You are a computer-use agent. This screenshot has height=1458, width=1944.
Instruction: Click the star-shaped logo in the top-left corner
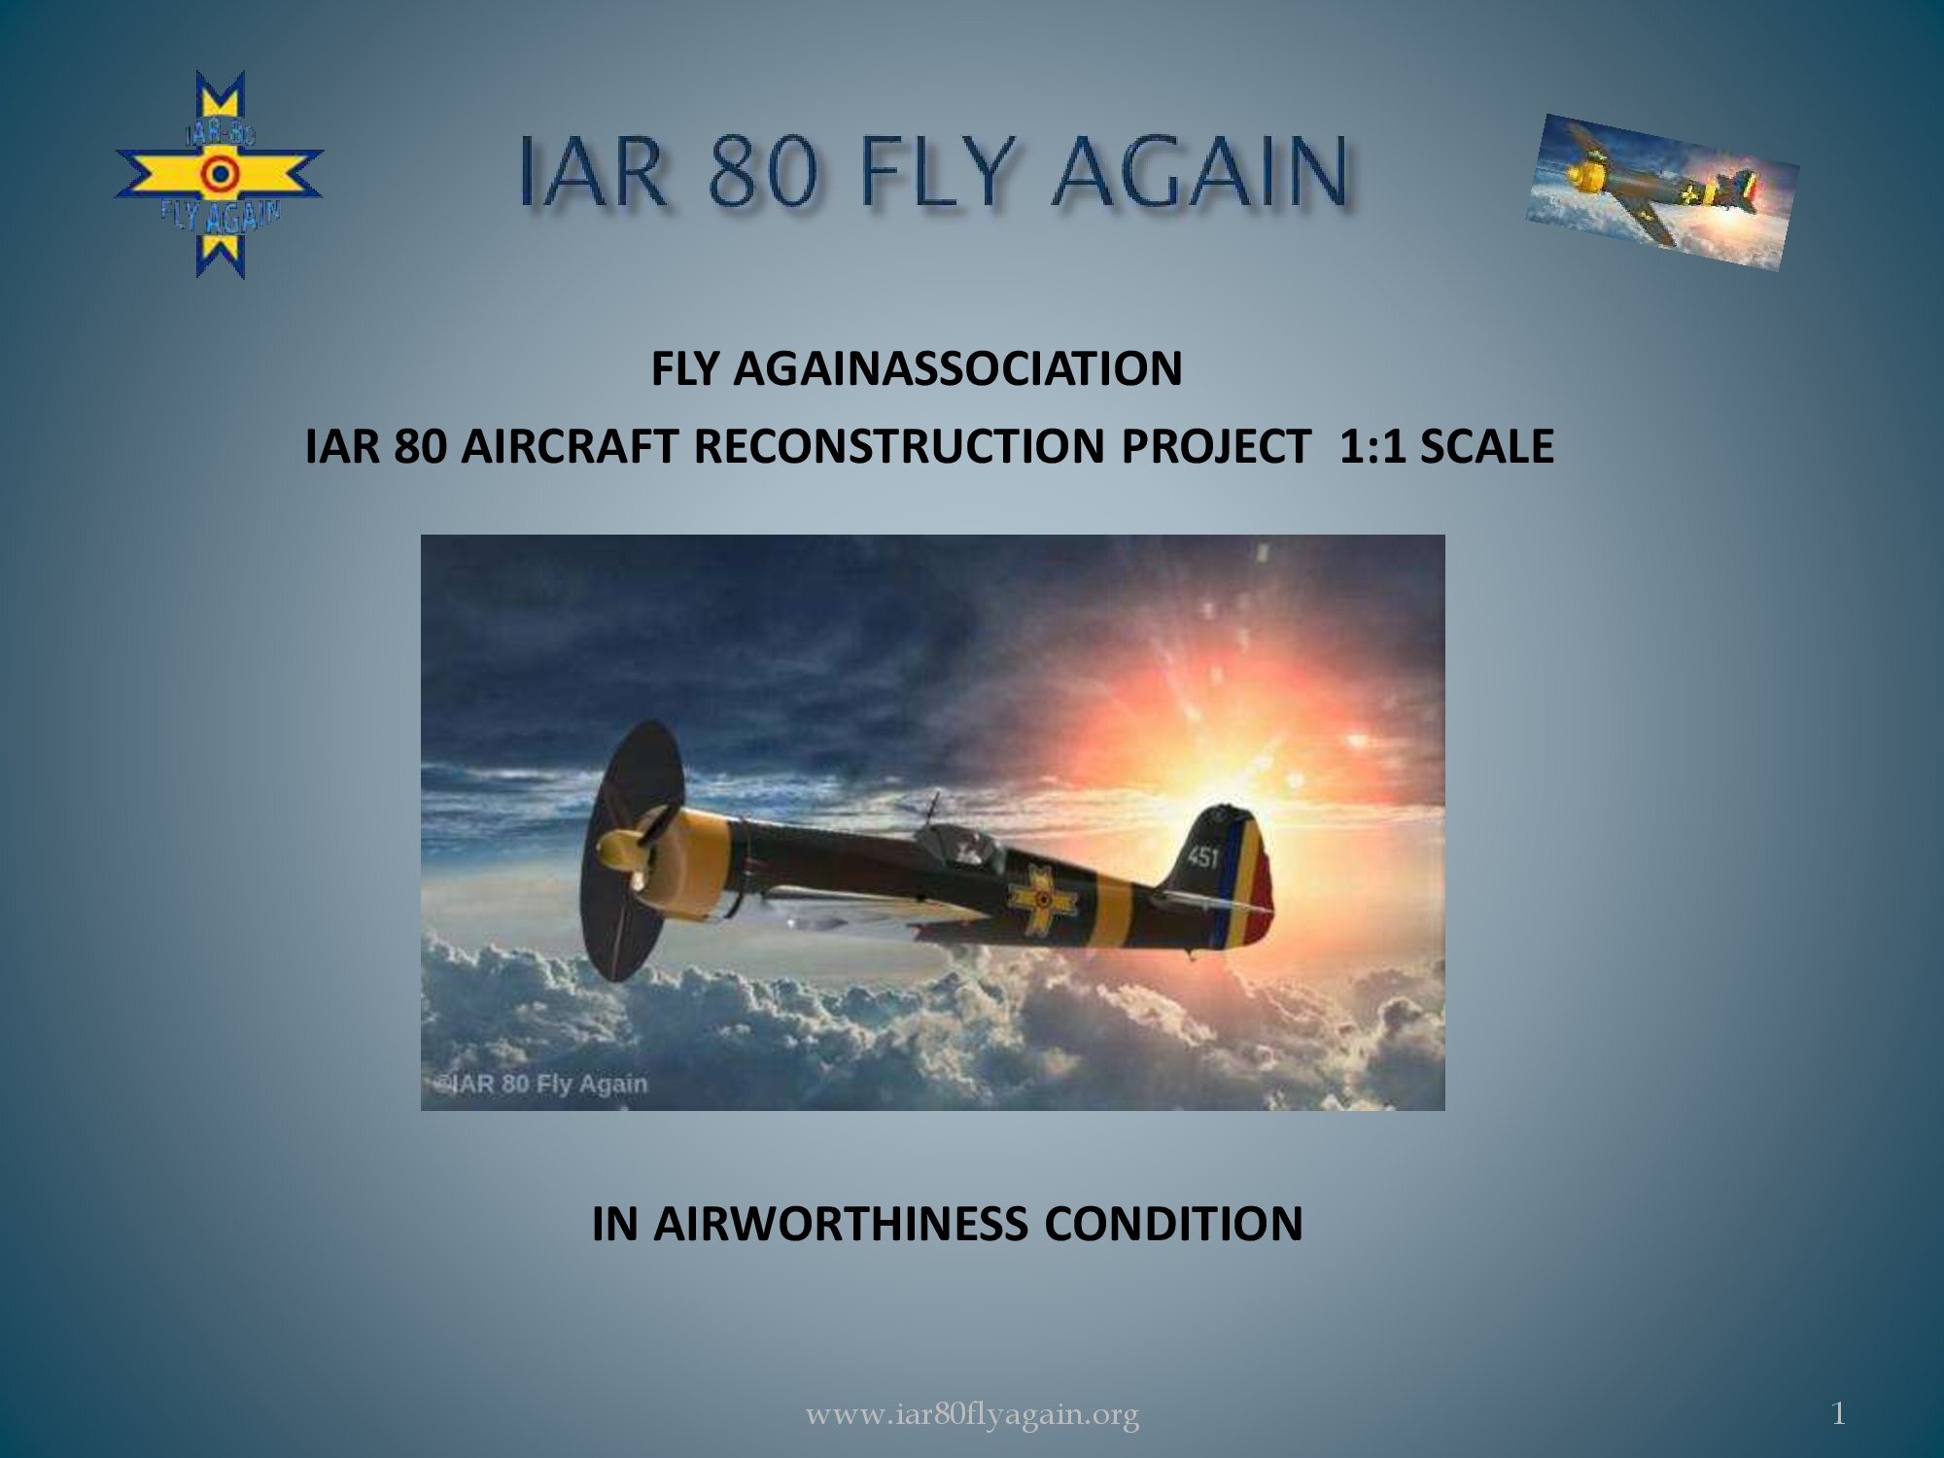click(x=220, y=175)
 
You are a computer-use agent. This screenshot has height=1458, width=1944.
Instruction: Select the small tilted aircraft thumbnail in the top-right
click(x=1662, y=191)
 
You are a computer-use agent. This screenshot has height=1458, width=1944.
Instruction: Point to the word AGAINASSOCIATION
click(x=957, y=367)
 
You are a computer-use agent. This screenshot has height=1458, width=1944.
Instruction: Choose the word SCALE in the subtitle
click(x=1486, y=446)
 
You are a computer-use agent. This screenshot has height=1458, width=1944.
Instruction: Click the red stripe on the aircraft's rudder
click(x=1261, y=894)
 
